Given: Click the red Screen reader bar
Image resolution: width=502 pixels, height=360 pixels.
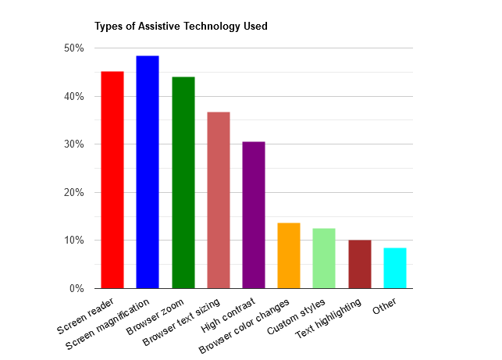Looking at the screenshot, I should click(112, 180).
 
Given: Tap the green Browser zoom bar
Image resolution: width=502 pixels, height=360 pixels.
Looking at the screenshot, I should click(183, 182).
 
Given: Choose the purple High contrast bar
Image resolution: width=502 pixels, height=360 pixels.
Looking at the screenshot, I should click(254, 215).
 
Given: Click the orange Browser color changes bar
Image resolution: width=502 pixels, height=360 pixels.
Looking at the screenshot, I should click(289, 255).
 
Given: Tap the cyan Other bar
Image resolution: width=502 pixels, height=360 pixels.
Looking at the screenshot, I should click(395, 268).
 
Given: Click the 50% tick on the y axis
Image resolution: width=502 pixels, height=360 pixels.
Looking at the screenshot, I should click(74, 48).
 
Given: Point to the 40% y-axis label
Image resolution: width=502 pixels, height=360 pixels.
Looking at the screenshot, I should click(74, 97).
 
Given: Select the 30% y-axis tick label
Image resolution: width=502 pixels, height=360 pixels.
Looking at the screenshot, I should click(74, 144).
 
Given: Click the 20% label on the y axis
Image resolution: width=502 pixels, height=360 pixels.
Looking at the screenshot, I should click(74, 193).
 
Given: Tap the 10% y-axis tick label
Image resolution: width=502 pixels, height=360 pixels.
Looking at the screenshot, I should click(74, 241).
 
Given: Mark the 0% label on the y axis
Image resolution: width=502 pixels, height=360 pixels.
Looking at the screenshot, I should click(77, 289).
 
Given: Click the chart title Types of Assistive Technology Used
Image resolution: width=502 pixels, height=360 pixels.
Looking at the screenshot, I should click(181, 27).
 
